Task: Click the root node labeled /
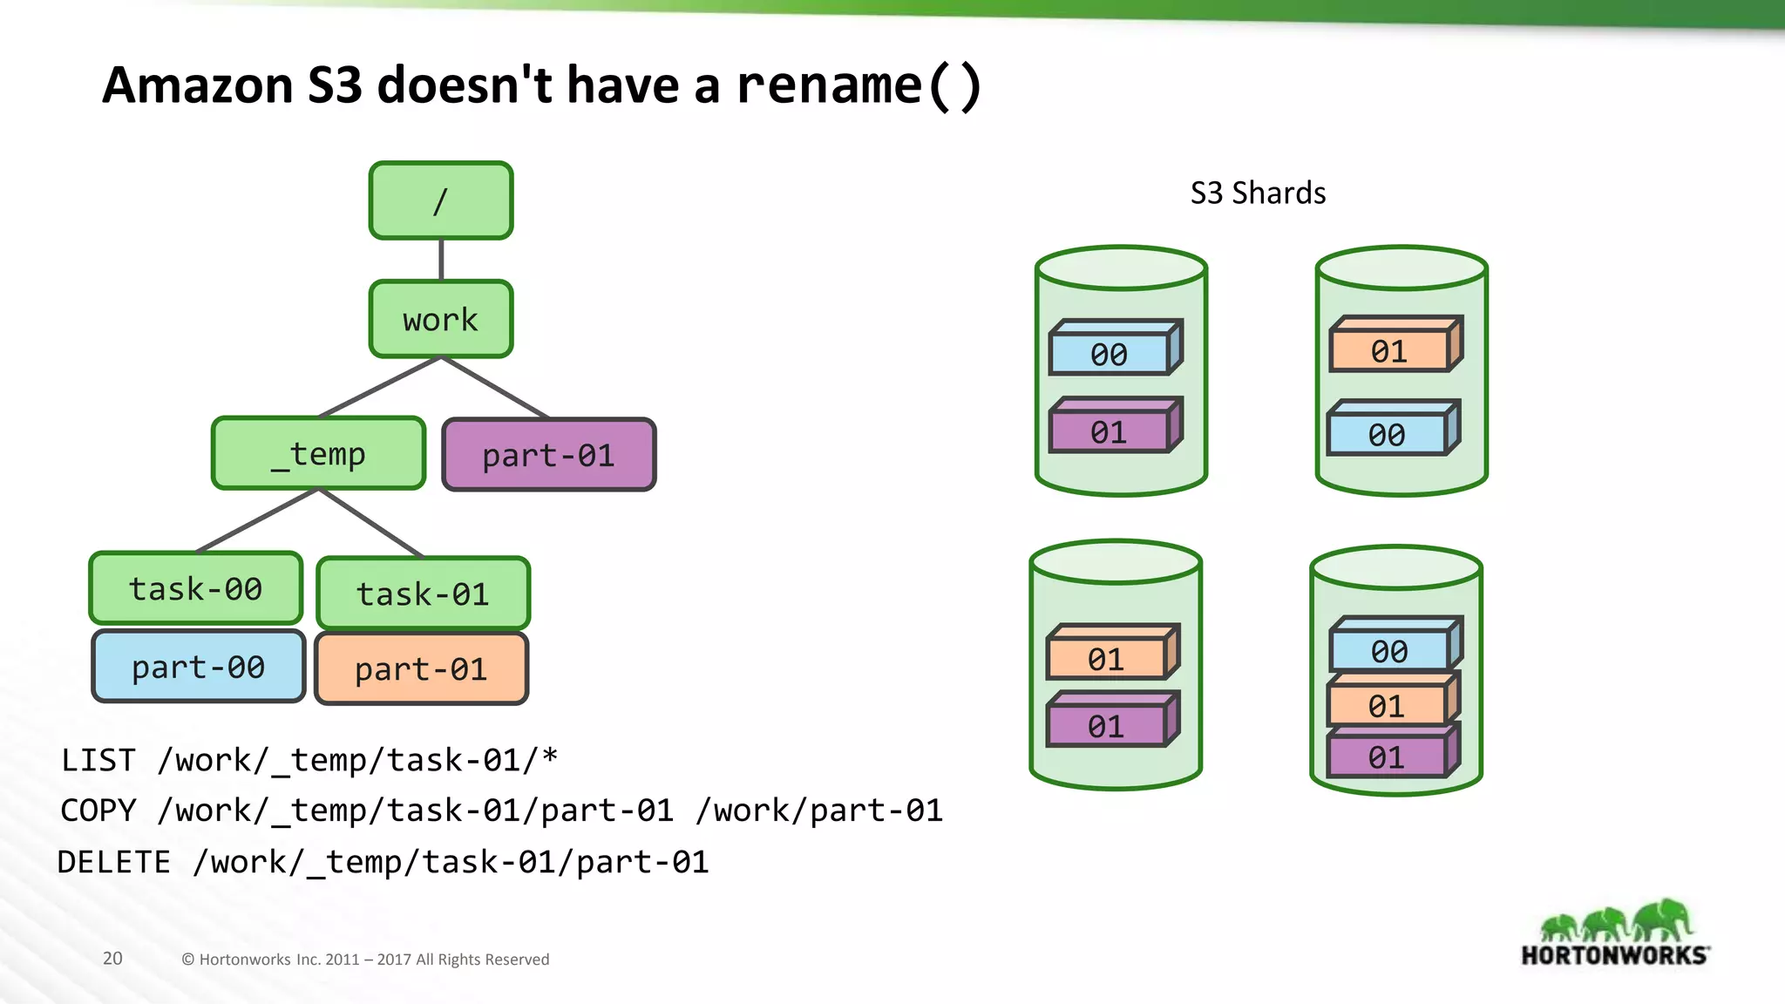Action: (x=440, y=200)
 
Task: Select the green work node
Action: (x=440, y=319)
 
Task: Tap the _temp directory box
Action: (x=318, y=453)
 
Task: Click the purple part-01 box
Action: (x=548, y=455)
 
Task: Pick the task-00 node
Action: (x=195, y=588)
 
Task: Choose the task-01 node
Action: (x=423, y=594)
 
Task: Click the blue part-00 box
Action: (x=198, y=667)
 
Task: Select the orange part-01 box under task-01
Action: (x=421, y=668)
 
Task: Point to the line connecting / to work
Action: (x=441, y=260)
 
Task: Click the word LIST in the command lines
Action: (x=98, y=760)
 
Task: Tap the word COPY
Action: (x=98, y=811)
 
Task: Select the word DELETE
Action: (x=114, y=862)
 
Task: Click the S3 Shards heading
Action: (x=1258, y=193)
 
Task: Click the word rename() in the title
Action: (x=859, y=85)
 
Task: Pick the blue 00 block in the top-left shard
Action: (x=1109, y=354)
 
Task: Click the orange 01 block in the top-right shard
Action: (x=1388, y=351)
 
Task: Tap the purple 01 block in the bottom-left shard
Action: (x=1106, y=726)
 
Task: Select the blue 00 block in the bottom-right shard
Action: (x=1388, y=650)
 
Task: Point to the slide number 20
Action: (x=112, y=959)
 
